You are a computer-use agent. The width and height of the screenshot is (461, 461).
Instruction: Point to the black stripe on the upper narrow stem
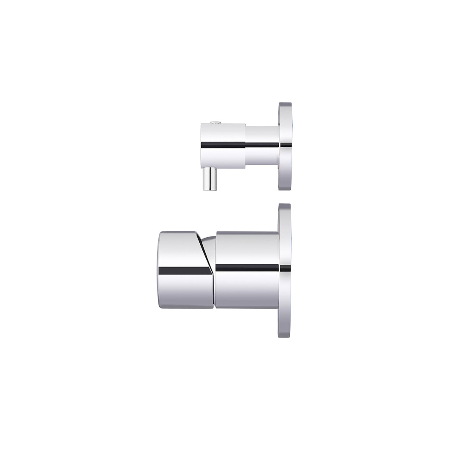tap(262, 145)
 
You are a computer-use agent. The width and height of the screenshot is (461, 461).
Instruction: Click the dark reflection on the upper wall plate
tap(286, 145)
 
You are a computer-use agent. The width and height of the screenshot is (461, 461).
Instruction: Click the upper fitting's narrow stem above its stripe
tap(262, 134)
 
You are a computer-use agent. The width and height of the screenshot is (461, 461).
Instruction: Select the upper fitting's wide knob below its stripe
tap(222, 158)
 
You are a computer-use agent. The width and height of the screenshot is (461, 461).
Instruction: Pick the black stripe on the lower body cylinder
tap(247, 268)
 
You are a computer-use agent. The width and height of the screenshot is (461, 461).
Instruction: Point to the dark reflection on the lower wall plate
tap(285, 268)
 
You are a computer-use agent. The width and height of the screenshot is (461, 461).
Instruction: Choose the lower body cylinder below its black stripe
tap(247, 290)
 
